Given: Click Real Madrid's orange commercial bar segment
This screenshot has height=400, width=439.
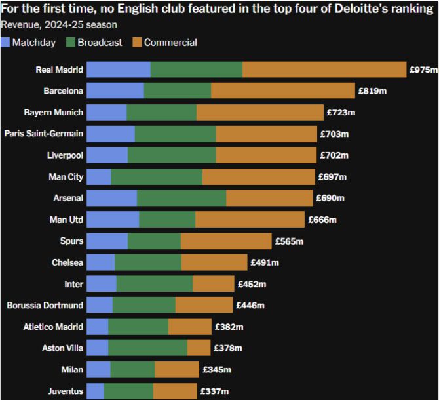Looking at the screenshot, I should (324, 70).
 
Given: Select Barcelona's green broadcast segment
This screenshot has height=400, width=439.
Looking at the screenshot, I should (178, 91).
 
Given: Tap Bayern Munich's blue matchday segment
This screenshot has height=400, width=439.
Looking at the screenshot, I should (106, 113).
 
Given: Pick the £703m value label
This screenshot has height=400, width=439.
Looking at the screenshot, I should (334, 134).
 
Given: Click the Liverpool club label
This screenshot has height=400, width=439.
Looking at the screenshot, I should (65, 155).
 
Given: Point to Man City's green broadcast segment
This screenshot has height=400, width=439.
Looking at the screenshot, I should (157, 176).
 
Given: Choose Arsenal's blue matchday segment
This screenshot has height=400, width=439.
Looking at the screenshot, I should (111, 198).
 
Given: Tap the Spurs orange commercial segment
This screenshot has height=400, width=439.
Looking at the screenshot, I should (226, 241).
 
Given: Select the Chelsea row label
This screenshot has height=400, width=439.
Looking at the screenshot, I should (67, 262).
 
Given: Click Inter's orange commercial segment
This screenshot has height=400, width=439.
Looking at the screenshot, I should (213, 284).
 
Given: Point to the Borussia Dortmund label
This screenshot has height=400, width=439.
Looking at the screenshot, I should (45, 305).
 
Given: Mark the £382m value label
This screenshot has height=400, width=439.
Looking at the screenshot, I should (229, 327).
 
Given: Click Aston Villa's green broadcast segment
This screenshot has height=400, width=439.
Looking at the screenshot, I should (147, 348).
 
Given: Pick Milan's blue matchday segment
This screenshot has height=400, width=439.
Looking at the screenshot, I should (98, 369).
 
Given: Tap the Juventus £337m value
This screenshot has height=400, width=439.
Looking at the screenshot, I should (214, 391).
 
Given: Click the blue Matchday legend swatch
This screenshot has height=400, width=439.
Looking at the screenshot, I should (6, 43).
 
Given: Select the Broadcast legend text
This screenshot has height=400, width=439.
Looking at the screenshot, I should (100, 43).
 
